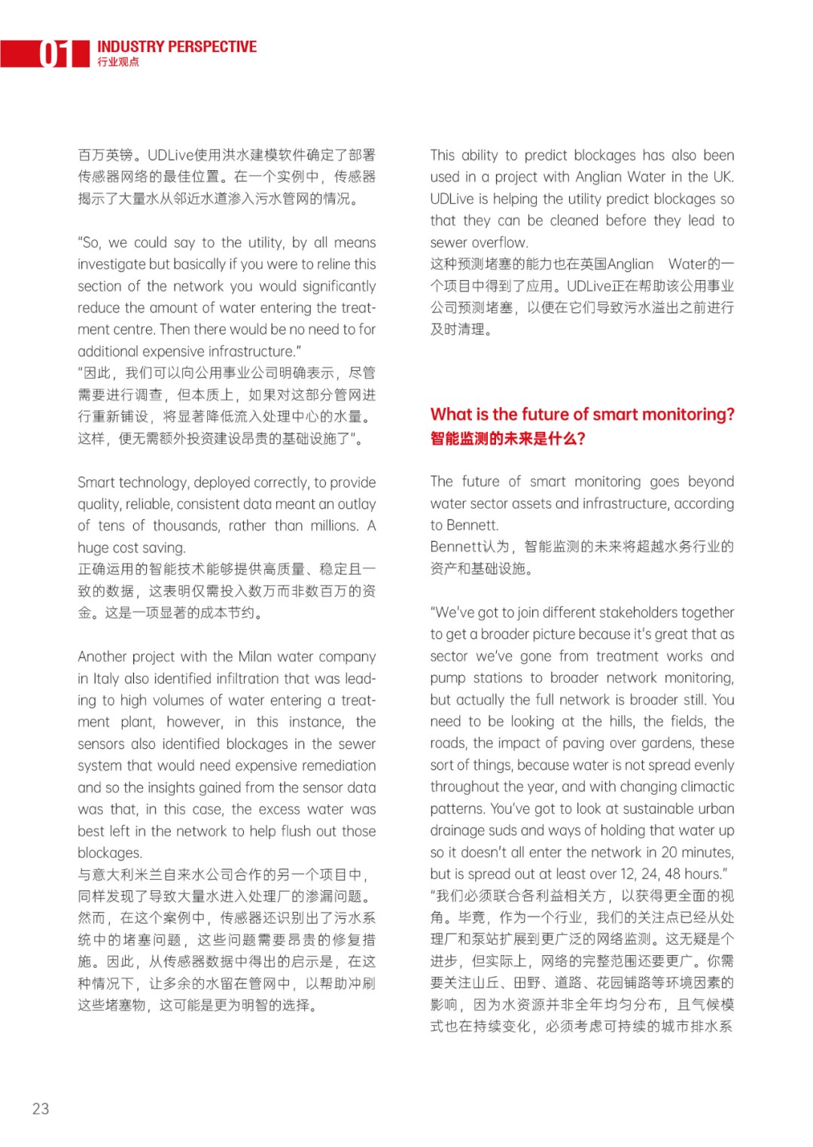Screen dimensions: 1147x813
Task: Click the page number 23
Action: click(41, 1108)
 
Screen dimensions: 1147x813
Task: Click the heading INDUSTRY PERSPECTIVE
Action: click(177, 47)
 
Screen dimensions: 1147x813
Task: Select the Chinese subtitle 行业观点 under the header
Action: click(118, 62)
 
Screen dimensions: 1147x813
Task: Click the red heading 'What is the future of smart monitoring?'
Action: click(582, 414)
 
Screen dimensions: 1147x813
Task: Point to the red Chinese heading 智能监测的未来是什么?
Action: click(507, 439)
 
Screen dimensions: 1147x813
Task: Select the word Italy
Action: click(106, 678)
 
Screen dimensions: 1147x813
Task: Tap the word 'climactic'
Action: click(702, 786)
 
